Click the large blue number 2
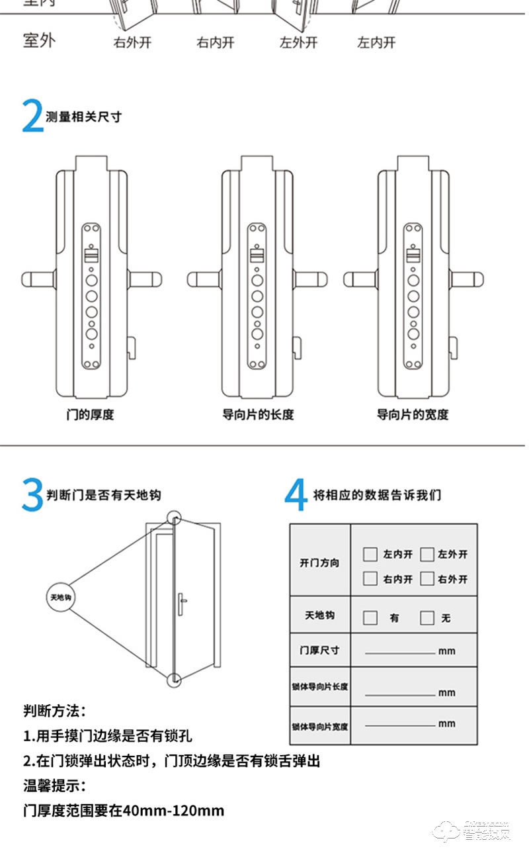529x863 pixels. click(33, 116)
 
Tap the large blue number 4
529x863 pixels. click(296, 495)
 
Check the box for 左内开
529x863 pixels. click(371, 554)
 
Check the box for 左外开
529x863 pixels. click(427, 554)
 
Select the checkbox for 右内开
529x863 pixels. click(371, 578)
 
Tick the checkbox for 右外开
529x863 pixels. click(427, 578)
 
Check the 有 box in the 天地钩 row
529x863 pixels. click(371, 617)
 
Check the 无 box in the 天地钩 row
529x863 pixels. click(427, 617)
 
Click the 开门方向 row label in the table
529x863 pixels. click(319, 563)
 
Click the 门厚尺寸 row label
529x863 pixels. click(319, 650)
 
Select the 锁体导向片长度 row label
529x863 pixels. click(319, 687)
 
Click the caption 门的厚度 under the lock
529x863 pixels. click(90, 415)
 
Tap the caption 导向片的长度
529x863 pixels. click(258, 415)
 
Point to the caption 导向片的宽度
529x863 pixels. click(413, 415)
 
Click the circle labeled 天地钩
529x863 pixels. click(60, 597)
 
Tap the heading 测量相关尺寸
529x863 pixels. click(84, 117)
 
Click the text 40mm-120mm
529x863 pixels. click(168, 810)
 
